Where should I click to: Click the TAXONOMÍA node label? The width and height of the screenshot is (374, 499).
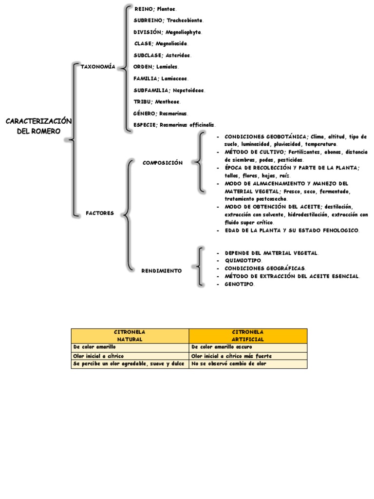click(98, 66)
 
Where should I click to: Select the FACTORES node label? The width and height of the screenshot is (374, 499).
click(100, 213)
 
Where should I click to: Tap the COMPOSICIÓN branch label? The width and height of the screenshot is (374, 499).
click(163, 163)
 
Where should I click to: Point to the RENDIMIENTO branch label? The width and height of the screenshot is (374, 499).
click(162, 270)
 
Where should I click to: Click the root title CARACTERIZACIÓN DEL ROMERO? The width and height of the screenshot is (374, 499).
click(38, 126)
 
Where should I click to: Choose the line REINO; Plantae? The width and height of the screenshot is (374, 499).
click(155, 9)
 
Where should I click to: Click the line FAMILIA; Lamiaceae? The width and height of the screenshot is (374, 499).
click(161, 78)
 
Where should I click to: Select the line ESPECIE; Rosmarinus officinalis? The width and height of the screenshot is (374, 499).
click(174, 125)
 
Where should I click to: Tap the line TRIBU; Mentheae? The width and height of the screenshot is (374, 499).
click(157, 101)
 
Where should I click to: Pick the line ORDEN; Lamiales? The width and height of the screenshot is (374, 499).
click(156, 67)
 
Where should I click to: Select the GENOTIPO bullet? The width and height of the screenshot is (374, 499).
click(239, 284)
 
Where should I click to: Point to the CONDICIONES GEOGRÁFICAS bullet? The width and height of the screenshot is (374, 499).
click(265, 269)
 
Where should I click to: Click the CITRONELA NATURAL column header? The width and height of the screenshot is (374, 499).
click(130, 335)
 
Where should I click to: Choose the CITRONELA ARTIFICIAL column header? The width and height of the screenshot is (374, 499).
click(248, 335)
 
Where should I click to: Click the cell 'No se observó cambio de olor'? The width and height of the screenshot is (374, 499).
click(229, 364)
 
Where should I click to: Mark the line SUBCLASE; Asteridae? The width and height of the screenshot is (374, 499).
click(162, 55)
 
